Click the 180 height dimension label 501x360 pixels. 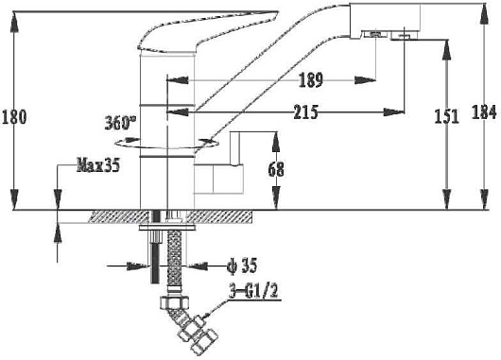[14, 117]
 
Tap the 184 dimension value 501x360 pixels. [484, 112]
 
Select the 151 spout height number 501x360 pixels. [447, 116]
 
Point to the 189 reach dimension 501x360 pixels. [311, 80]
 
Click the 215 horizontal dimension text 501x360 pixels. [305, 111]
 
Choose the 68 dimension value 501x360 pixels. [276, 170]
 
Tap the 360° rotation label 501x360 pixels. [120, 123]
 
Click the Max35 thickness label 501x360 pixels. [98, 165]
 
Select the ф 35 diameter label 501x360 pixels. [242, 266]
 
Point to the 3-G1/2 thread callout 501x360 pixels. [254, 291]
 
